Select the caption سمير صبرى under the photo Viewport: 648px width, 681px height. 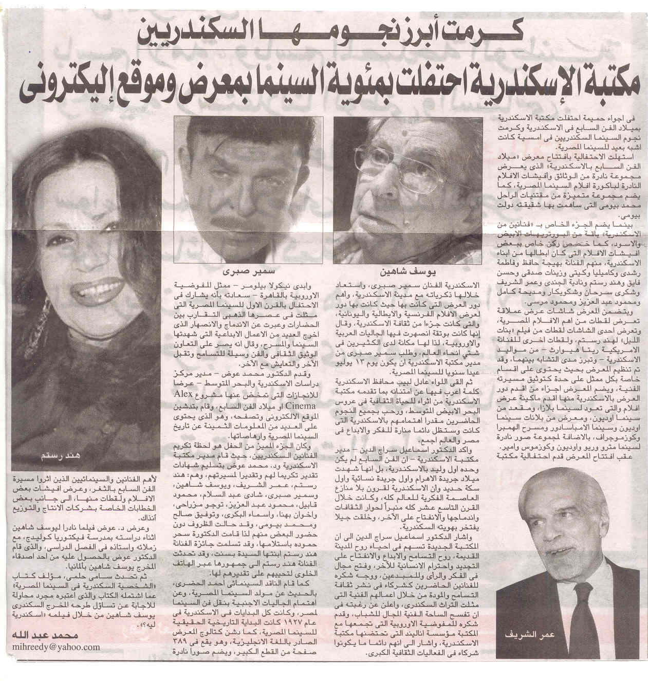[240, 270]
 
